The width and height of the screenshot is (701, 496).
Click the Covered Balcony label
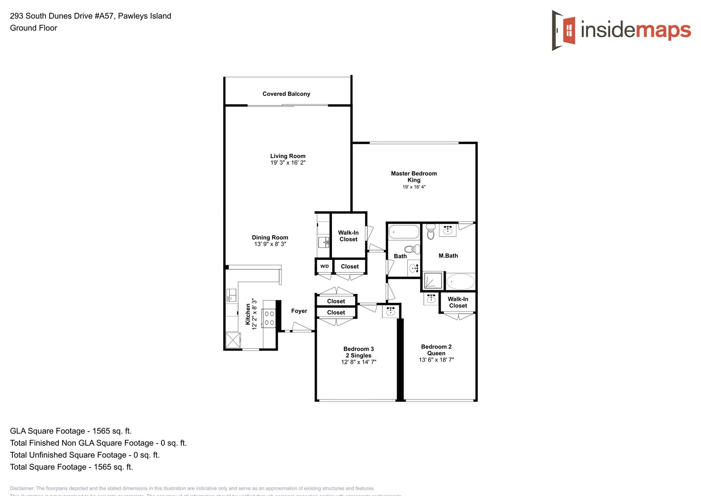coord(286,94)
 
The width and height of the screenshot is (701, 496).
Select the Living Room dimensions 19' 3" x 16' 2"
coord(288,163)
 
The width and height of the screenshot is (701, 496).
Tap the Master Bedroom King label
coord(414,177)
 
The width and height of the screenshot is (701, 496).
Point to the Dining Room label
coord(270,237)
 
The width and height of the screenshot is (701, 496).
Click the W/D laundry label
coord(324,266)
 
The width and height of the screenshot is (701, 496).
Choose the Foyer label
coord(299,311)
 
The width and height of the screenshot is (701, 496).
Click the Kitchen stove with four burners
coord(269,318)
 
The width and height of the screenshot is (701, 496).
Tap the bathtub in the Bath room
coord(404,231)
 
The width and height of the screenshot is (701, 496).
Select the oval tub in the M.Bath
coord(460,281)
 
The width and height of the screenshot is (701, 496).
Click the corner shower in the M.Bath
coord(432,281)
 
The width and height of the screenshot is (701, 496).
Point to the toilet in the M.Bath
coord(431,232)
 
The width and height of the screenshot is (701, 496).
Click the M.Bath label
coord(448,256)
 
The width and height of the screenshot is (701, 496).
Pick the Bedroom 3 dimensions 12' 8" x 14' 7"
coord(359,362)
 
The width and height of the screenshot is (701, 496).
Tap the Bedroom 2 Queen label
coord(436,350)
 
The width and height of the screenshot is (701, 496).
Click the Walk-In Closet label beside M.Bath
coord(458,302)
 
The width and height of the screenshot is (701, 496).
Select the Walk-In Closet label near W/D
coord(348,236)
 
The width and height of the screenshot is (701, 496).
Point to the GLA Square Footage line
coord(71,431)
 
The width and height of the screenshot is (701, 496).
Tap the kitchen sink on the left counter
coord(231,295)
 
